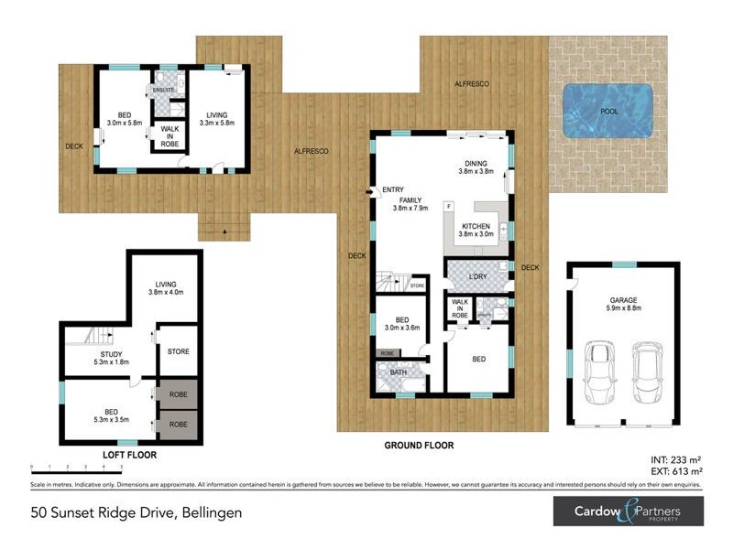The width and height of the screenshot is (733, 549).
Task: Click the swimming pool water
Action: point(607,111)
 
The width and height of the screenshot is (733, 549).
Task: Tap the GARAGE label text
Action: point(624,299)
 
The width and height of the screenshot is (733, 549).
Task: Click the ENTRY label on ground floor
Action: point(393,189)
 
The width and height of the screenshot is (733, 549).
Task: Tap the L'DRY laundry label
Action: point(476,276)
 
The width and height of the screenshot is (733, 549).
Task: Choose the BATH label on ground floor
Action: point(397,373)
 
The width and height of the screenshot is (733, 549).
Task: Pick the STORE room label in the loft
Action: point(178,350)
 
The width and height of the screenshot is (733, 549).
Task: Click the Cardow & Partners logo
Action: point(628,511)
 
